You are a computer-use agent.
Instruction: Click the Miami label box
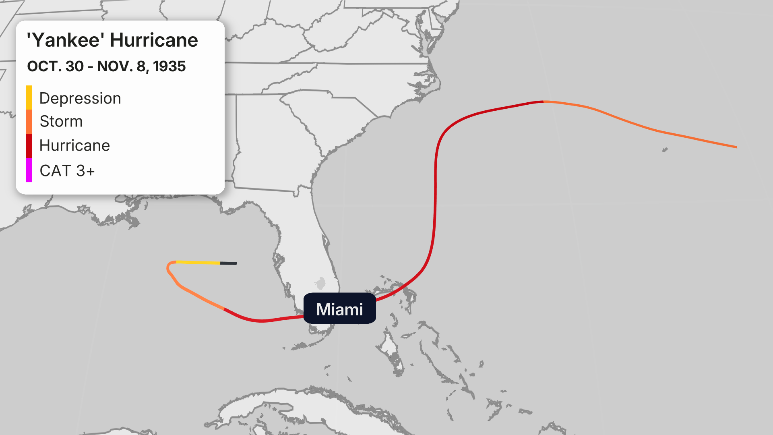point(339,309)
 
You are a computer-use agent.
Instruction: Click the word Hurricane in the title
point(154,40)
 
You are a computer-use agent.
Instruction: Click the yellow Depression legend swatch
point(29,97)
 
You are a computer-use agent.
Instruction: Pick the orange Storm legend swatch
point(29,121)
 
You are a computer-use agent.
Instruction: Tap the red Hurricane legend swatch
point(29,145)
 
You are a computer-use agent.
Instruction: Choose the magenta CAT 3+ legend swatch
point(29,170)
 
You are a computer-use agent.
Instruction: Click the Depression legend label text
point(80,98)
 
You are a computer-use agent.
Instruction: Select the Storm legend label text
point(61,121)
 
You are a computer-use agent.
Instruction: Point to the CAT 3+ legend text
point(67,171)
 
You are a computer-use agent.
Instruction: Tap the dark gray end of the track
point(229,263)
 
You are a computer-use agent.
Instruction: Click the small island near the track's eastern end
point(665,150)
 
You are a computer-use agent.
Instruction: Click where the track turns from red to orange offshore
point(544,101)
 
